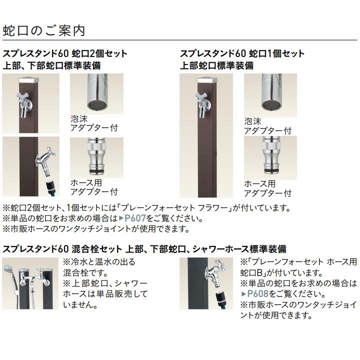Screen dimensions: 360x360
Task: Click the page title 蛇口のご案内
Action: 44,30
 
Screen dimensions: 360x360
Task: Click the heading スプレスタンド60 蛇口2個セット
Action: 65,53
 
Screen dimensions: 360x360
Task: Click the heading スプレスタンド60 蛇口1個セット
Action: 242,53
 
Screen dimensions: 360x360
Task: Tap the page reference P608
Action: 254,294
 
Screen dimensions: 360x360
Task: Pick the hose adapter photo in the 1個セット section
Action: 270,157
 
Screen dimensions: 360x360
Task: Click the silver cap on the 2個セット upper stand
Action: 28,80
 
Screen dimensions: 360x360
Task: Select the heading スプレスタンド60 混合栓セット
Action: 62,248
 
